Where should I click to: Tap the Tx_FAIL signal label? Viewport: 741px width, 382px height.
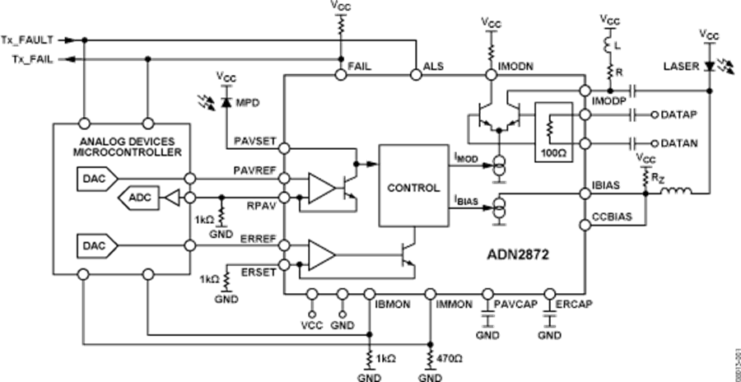[31, 58]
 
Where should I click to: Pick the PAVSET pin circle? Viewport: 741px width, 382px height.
[284, 148]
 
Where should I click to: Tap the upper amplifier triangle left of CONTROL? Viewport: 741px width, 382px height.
[323, 188]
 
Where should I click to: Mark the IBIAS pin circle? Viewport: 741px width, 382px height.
[584, 193]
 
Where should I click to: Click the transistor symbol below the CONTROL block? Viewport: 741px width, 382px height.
[408, 255]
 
